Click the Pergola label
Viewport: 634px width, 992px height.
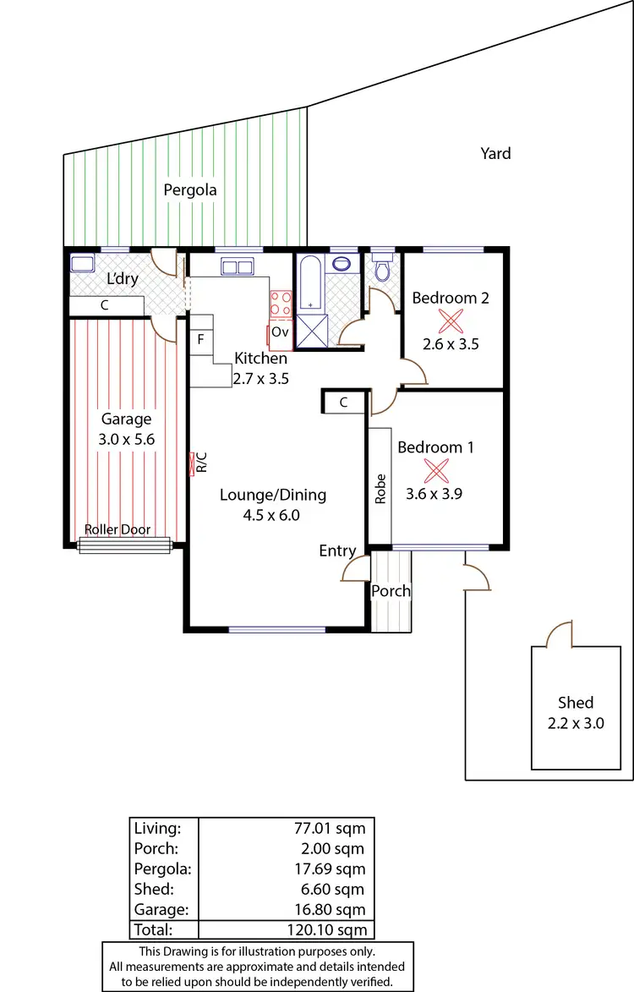click(x=190, y=190)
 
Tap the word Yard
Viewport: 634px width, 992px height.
click(x=495, y=153)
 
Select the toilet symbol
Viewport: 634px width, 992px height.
click(x=382, y=269)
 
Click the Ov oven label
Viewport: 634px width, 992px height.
click(x=280, y=332)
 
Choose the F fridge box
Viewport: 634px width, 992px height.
click(x=200, y=340)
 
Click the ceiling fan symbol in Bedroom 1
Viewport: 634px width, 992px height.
click(x=437, y=469)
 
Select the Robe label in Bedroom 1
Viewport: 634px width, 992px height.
click(x=380, y=489)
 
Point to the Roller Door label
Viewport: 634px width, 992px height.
click(x=118, y=530)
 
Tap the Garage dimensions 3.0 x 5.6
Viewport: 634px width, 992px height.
click(x=126, y=439)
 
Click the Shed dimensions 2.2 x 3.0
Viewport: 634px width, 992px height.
click(x=575, y=722)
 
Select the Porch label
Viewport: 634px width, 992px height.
click(x=391, y=591)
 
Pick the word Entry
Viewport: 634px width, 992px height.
click(x=337, y=551)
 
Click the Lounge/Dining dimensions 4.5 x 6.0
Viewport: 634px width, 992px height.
click(x=272, y=514)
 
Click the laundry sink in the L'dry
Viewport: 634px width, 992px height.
click(x=82, y=262)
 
